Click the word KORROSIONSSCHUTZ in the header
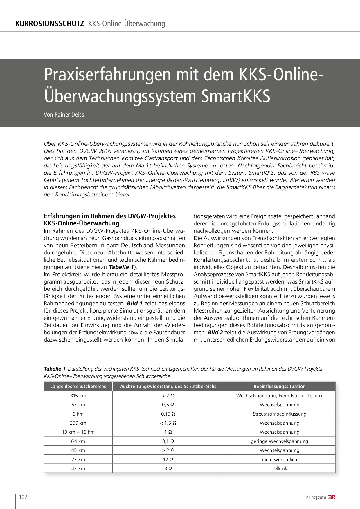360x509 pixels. [x=50, y=24]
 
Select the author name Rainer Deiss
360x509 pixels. [x=69, y=115]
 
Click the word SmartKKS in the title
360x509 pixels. [x=236, y=96]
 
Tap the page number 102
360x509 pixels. [x=23, y=497]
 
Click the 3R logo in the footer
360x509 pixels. [x=332, y=497]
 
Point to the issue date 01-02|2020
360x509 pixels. [x=316, y=498]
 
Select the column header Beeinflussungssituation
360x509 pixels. [x=280, y=386]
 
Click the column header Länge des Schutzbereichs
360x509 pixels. [x=78, y=386]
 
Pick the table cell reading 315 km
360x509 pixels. [x=78, y=396]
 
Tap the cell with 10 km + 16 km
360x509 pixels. [x=78, y=432]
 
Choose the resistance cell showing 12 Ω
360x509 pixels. [x=168, y=459]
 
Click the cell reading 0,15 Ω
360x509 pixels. [x=168, y=414]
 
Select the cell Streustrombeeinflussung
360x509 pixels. [x=280, y=414]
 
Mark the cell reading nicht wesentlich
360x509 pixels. [x=280, y=459]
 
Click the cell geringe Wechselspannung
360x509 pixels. [x=280, y=441]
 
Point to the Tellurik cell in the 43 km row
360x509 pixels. [x=280, y=468]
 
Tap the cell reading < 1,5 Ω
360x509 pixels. [x=168, y=423]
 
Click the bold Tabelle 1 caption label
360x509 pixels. [x=55, y=369]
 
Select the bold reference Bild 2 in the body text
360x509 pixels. [x=215, y=332]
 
